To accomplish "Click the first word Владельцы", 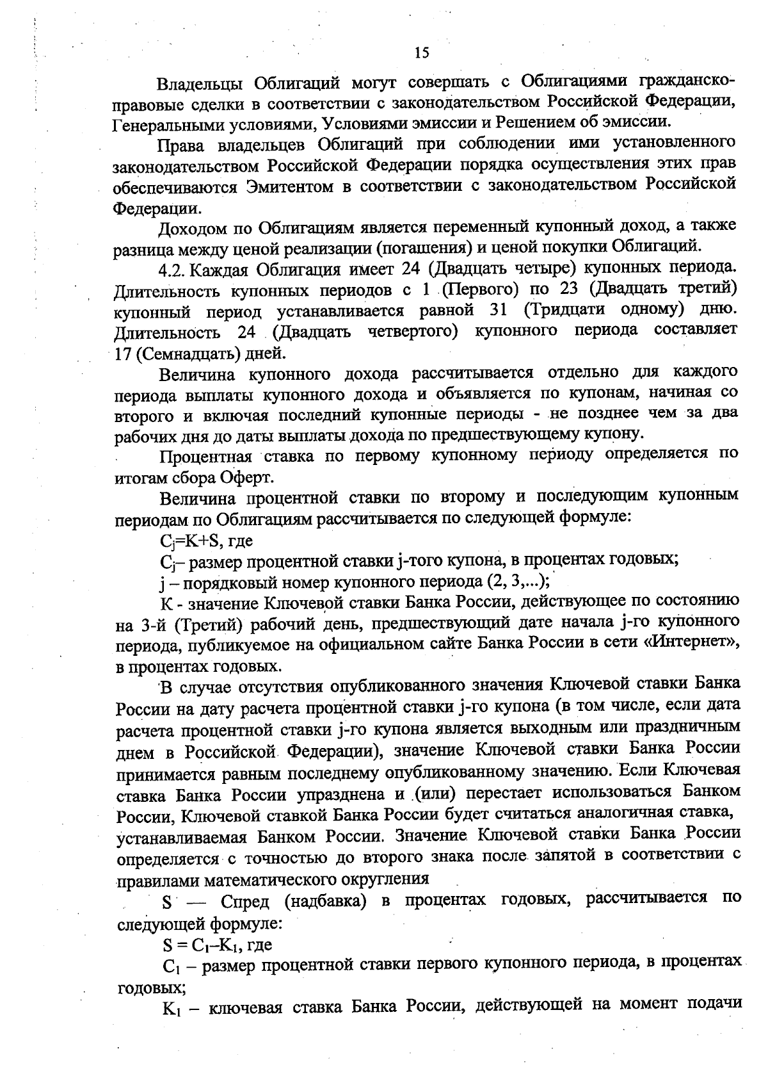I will [x=198, y=84].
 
